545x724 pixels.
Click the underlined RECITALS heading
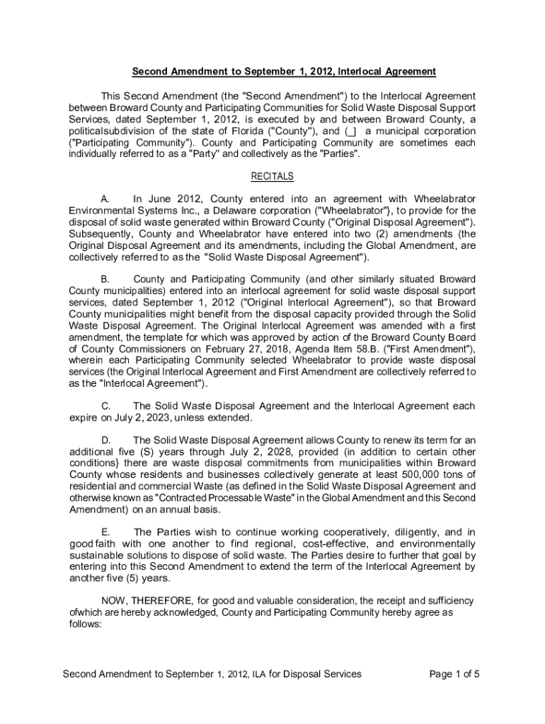click(272, 177)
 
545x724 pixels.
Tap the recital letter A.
click(105, 199)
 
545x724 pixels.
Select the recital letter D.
click(105, 440)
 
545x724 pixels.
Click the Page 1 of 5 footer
click(454, 674)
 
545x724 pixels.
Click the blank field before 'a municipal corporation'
click(351, 132)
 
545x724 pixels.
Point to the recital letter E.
click(105, 532)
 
